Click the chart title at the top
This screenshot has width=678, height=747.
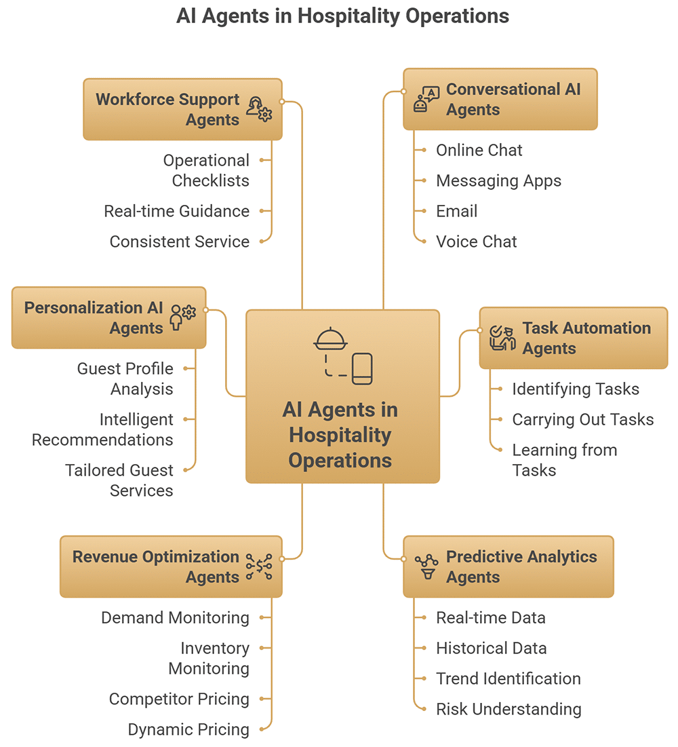click(342, 16)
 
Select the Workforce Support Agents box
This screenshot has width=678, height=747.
click(182, 109)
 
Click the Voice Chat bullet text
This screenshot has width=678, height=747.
click(476, 242)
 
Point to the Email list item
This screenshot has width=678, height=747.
click(456, 211)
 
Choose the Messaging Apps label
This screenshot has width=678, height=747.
click(498, 180)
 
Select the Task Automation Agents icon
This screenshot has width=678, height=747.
click(502, 338)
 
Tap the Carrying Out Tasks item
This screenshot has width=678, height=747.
click(582, 419)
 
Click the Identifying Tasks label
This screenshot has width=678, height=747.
click(575, 389)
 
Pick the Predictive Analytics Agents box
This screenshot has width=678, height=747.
click(508, 567)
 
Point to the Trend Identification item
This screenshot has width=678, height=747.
click(508, 678)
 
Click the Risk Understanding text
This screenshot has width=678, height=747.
click(508, 709)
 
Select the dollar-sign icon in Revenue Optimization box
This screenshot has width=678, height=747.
click(259, 567)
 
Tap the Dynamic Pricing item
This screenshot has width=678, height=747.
click(188, 729)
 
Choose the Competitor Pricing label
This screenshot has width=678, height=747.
click(179, 699)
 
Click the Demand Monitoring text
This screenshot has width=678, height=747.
click(175, 617)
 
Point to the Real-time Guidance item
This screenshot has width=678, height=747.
click(176, 211)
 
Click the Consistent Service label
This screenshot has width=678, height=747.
click(179, 242)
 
